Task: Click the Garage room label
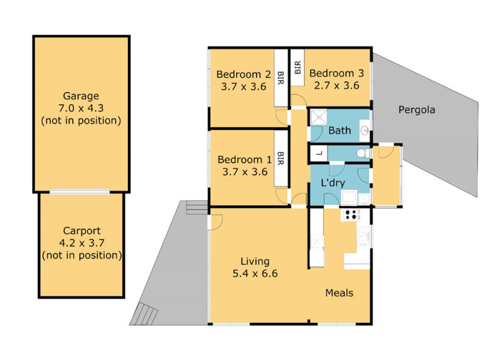(81, 96)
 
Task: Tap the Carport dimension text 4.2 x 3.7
(82, 243)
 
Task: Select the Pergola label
(417, 110)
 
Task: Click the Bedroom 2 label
(243, 74)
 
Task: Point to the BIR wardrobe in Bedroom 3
(297, 68)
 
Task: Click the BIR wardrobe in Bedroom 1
(280, 159)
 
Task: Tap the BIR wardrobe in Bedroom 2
(280, 78)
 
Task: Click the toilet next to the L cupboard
(363, 153)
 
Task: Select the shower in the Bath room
(319, 117)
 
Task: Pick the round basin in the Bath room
(365, 130)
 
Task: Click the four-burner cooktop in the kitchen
(351, 214)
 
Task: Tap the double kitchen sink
(363, 236)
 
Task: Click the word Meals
(339, 293)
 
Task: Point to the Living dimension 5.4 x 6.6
(255, 273)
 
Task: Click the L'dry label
(333, 183)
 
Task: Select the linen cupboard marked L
(319, 154)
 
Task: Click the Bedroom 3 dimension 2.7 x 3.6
(336, 85)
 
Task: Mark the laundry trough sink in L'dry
(350, 197)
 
